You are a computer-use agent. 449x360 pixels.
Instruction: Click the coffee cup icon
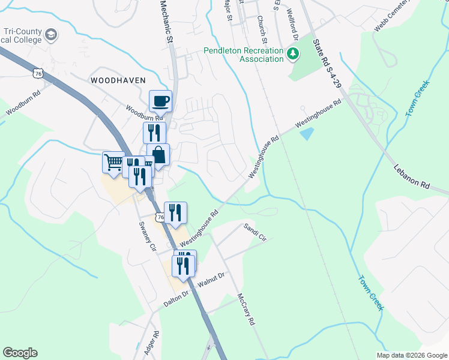[160, 101]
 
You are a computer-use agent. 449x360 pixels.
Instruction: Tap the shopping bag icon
[158, 155]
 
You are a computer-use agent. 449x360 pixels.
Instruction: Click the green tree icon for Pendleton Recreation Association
[294, 55]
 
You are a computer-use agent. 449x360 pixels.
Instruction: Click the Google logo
[20, 353]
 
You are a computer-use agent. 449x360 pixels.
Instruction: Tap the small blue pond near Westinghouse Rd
[307, 133]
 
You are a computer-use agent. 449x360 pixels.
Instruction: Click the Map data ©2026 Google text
[412, 355]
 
